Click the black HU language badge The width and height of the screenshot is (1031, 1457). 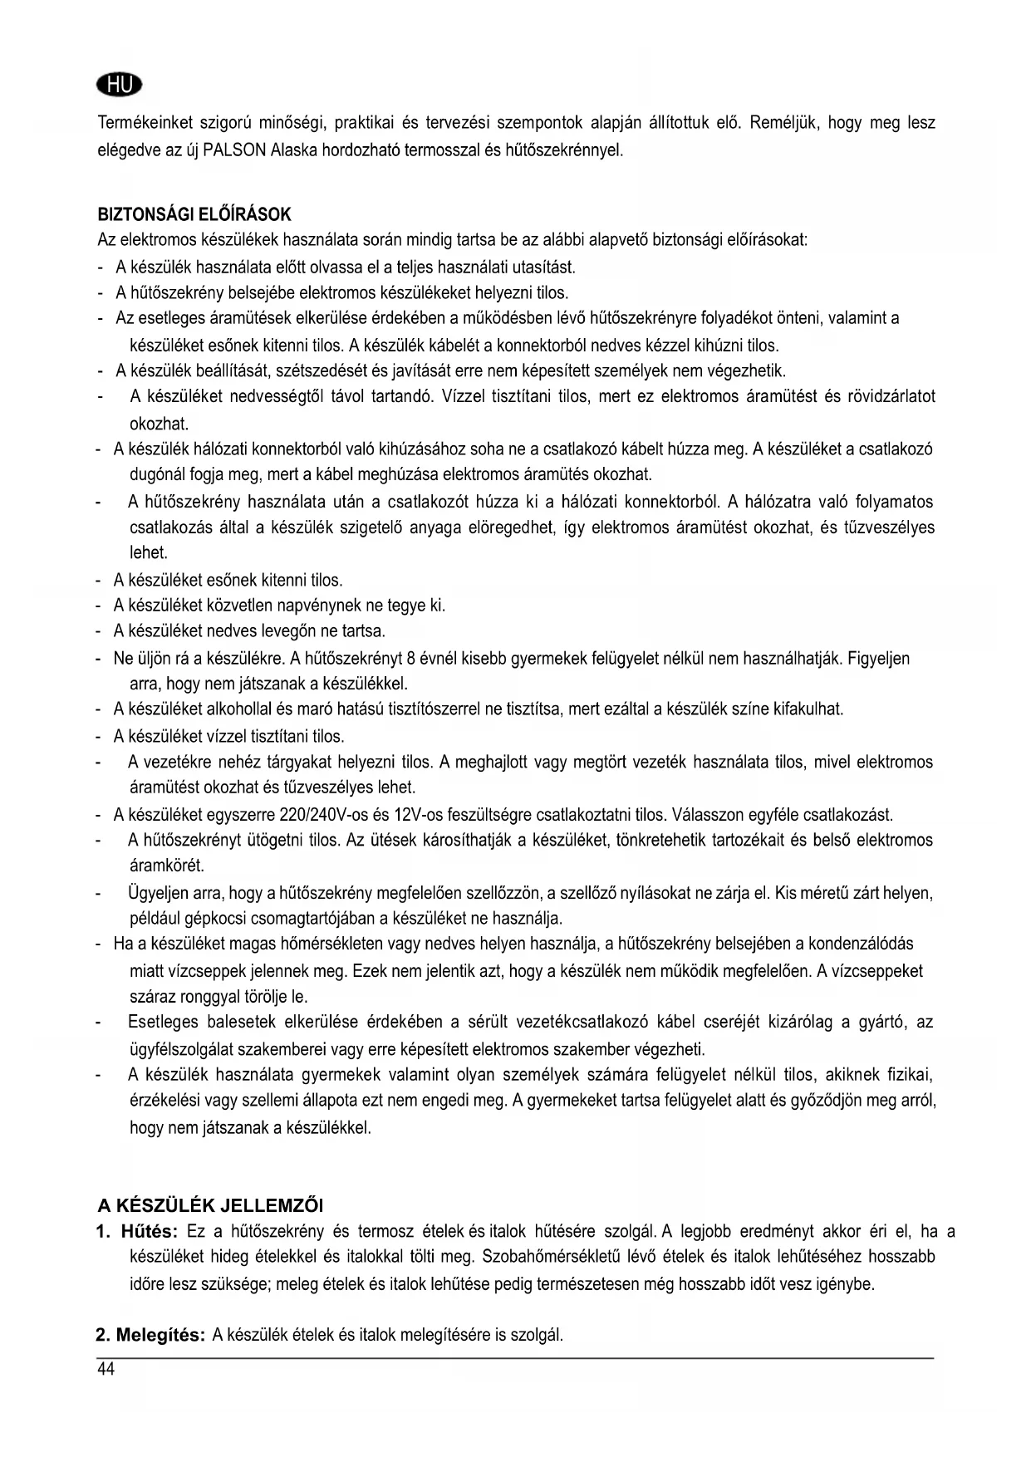tap(120, 85)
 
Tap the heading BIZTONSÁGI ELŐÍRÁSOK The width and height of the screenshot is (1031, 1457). tap(194, 215)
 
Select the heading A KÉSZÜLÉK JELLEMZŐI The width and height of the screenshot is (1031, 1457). tap(211, 1204)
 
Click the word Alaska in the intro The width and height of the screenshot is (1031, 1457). tap(290, 151)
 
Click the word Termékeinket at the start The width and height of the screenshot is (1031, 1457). tap(145, 124)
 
